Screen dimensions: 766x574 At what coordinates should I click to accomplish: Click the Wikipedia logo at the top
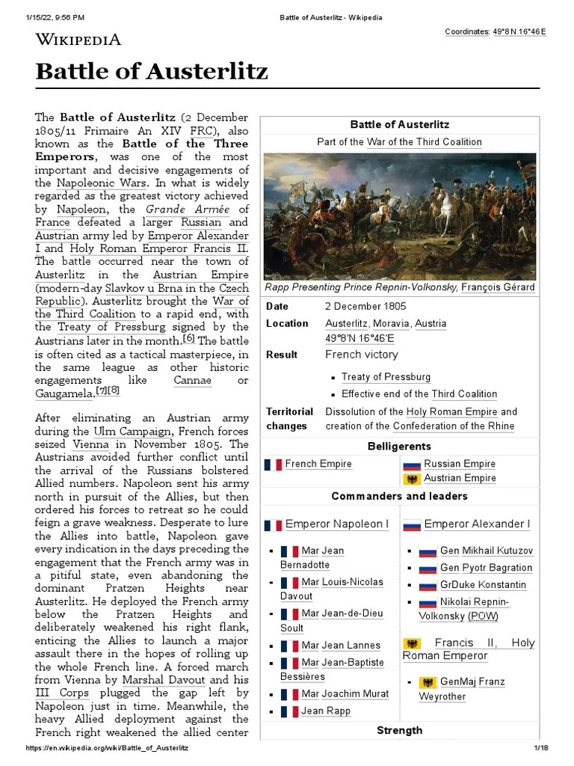(78, 40)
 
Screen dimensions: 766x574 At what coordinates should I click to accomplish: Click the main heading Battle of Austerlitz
(152, 73)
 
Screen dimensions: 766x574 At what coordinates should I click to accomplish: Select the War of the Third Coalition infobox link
(424, 142)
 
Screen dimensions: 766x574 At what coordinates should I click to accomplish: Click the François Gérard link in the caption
(498, 287)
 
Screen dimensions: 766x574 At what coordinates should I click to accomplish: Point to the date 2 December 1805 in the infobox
(365, 307)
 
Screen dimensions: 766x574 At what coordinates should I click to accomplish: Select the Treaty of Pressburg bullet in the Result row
(386, 377)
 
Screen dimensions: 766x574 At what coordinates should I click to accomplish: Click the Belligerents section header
(399, 447)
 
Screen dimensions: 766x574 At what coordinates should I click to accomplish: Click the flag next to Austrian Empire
(411, 479)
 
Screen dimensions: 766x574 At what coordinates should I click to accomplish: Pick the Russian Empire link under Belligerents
(460, 464)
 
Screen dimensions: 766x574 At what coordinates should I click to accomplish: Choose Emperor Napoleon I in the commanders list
(336, 524)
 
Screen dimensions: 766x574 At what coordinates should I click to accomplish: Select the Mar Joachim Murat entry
(345, 693)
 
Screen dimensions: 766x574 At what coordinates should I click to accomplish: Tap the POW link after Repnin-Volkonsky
(483, 616)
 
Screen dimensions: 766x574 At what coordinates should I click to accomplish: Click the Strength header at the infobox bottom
(399, 730)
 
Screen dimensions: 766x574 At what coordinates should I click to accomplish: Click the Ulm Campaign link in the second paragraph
(118, 432)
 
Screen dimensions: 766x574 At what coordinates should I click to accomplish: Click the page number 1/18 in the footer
(540, 748)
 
